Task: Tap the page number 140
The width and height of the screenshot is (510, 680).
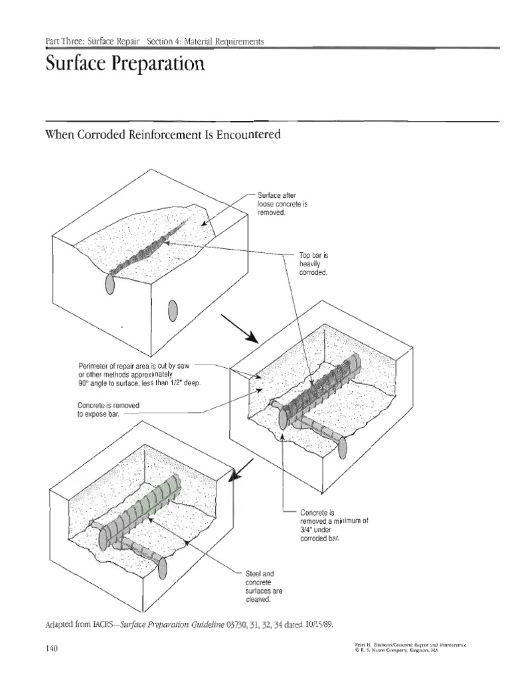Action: (52, 649)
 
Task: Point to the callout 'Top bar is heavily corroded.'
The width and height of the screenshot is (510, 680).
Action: (313, 264)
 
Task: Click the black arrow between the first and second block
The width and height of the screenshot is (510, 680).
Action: (240, 327)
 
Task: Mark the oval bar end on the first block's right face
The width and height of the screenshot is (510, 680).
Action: (173, 309)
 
